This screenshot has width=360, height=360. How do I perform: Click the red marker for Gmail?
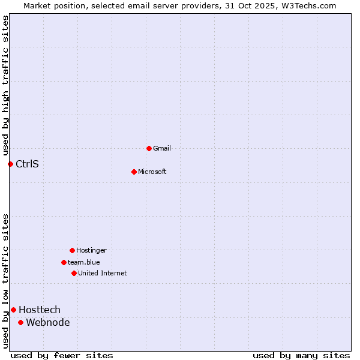[x=149, y=148]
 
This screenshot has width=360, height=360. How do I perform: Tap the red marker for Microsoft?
[x=134, y=172]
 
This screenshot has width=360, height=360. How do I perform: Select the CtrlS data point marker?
[x=10, y=164]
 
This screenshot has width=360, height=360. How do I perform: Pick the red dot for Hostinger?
[x=72, y=250]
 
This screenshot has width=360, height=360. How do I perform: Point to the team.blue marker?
[x=64, y=262]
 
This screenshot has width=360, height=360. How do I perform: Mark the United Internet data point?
[x=74, y=273]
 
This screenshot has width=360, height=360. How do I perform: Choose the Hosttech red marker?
[x=13, y=310]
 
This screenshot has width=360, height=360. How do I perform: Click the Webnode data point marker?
[x=20, y=322]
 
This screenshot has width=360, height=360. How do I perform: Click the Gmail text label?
[x=162, y=148]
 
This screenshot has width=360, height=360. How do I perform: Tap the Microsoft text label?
[x=152, y=172]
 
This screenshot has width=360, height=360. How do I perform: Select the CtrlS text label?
[x=27, y=164]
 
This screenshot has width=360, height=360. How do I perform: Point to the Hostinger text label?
[x=91, y=250]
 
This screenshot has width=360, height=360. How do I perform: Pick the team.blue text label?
[x=84, y=262]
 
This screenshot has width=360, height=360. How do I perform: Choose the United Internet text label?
[x=103, y=273]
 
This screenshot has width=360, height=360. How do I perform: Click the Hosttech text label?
[x=40, y=310]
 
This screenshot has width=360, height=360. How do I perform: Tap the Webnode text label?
[x=48, y=322]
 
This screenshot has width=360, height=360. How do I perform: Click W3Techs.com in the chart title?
[x=308, y=5]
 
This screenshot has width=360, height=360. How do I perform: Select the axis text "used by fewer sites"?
[x=62, y=355]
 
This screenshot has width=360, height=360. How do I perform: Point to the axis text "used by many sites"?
[x=301, y=355]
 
